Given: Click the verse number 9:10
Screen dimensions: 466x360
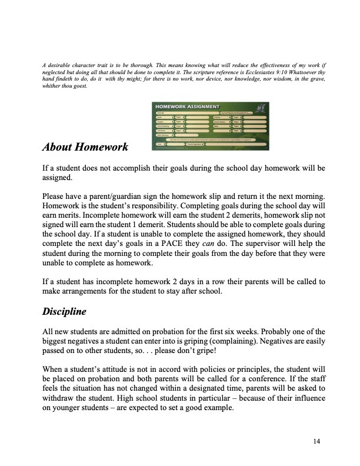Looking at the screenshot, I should (271, 71).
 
